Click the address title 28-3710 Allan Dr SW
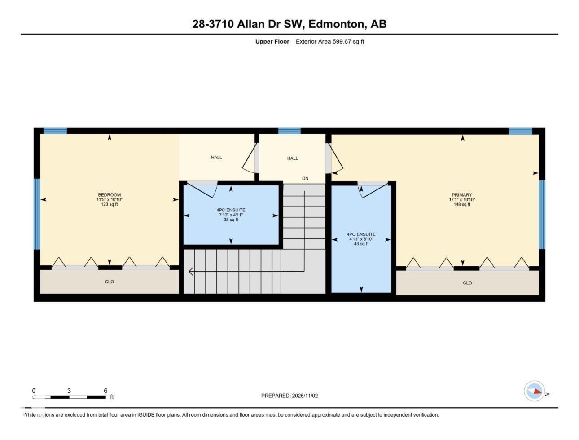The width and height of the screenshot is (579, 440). tap(289, 24)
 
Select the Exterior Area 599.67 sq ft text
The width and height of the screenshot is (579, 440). tap(329, 42)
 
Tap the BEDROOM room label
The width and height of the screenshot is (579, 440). tap(109, 195)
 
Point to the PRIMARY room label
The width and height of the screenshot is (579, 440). tap(462, 195)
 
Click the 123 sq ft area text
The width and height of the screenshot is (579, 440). tap(109, 205)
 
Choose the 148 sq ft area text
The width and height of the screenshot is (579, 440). tap(462, 205)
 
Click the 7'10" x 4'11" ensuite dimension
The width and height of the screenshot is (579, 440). tap(231, 215)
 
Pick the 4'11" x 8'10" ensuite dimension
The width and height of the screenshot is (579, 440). tap(361, 239)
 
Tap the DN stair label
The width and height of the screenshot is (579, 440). tap(305, 179)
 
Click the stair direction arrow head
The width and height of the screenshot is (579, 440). tap(191, 272)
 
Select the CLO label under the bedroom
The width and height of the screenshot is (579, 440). tap(109, 282)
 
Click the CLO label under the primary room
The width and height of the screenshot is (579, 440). tap(467, 283)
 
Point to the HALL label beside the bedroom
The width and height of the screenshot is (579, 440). tap(216, 158)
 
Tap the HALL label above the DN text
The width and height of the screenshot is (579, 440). tap(292, 158)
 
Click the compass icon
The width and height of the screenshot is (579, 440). tap(535, 391)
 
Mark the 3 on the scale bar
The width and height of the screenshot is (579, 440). tap(69, 391)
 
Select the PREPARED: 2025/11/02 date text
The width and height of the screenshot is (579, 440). tap(289, 396)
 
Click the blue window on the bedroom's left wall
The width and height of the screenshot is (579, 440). tap(37, 214)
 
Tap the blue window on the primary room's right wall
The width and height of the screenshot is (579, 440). tap(542, 215)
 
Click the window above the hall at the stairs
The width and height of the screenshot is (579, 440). tap(289, 131)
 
